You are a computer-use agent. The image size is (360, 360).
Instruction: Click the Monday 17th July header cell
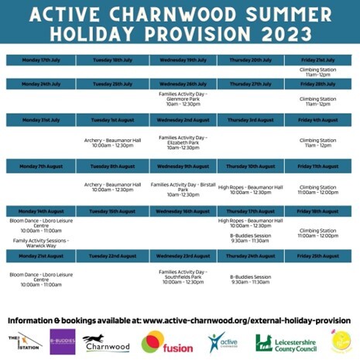pos(39,60)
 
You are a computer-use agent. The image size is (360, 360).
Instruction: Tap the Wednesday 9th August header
pos(184,166)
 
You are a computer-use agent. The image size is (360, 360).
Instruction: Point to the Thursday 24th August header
pos(250,255)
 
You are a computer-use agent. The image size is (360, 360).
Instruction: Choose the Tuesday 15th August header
pos(112,211)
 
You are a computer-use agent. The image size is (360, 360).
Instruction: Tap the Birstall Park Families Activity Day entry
pos(184,189)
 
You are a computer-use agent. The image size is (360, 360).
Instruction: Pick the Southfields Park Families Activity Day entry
pos(184,276)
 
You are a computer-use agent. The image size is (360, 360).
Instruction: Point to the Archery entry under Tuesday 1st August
pos(112,142)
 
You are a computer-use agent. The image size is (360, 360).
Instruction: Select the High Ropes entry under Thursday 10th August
pos(250,188)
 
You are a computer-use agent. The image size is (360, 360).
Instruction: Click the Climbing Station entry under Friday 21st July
pos(317,71)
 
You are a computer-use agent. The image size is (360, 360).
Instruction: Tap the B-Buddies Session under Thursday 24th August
pos(250,279)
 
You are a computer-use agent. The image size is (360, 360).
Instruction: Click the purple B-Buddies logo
pos(61,341)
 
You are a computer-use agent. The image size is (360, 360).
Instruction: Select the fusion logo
pos(167,343)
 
